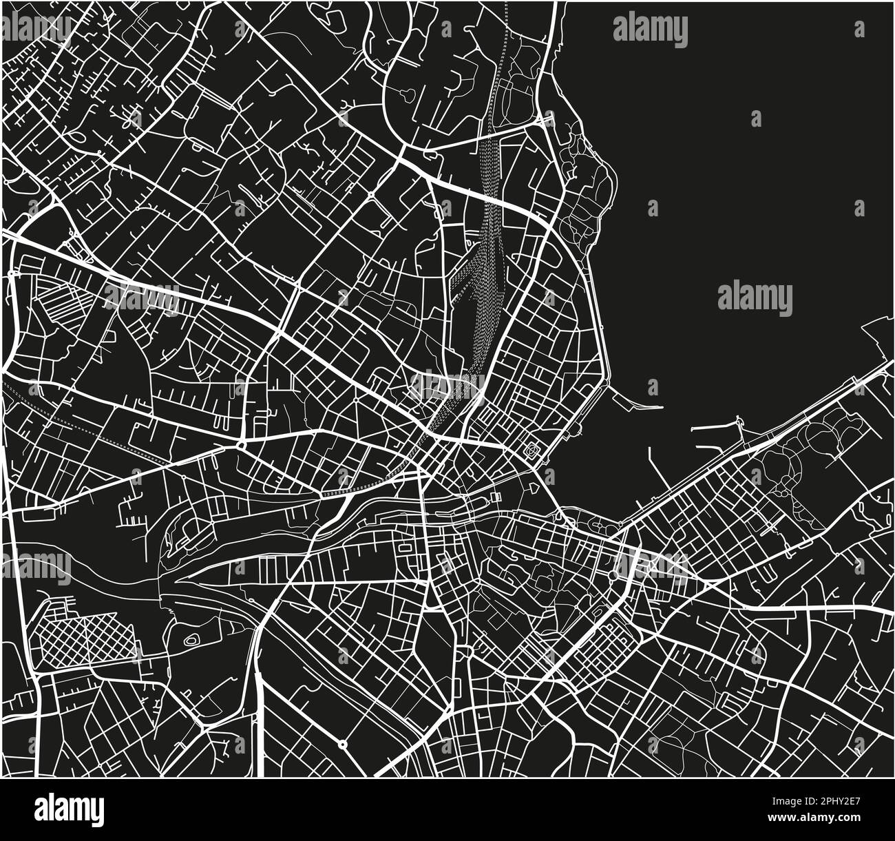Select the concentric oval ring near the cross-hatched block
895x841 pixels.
point(191,640)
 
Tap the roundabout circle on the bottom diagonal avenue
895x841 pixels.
point(342,744)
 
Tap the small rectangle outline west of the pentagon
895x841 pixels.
point(495,497)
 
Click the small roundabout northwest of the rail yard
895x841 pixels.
point(372,196)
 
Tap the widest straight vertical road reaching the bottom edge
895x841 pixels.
point(260,716)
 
